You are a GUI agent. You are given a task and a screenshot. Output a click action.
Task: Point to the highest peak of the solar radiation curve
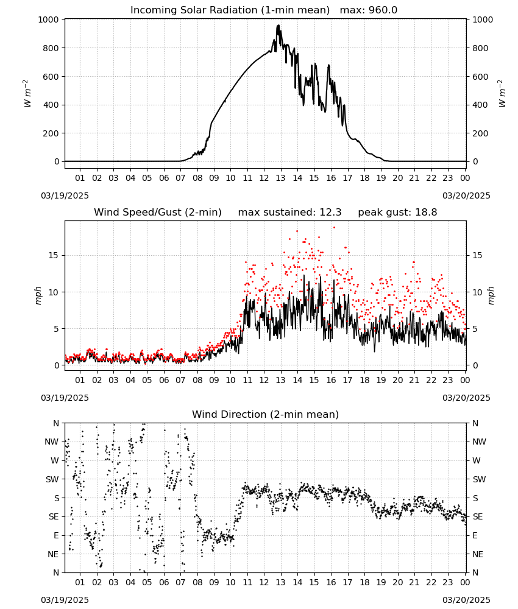(x=279, y=25)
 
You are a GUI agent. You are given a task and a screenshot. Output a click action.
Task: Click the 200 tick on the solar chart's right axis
(x=480, y=133)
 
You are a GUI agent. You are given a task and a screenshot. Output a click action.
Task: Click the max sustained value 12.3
(x=331, y=213)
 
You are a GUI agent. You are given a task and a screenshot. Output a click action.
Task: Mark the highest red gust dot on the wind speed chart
(x=334, y=227)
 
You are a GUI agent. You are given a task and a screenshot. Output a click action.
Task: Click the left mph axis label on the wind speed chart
(x=38, y=295)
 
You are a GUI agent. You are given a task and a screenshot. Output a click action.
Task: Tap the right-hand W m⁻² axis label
(x=502, y=94)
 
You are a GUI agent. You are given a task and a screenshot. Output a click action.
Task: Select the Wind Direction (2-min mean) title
(x=266, y=414)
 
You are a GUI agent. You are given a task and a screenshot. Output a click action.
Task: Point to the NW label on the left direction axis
(x=52, y=442)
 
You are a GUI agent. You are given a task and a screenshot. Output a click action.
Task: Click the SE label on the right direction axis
(x=478, y=516)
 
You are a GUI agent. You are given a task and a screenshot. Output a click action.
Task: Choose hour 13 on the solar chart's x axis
(x=280, y=178)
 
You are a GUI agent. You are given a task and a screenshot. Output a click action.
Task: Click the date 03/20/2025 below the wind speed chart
(x=466, y=398)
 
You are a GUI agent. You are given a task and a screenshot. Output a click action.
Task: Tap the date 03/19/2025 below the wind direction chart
(x=65, y=600)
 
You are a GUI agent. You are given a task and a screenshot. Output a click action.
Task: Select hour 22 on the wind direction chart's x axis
(x=431, y=582)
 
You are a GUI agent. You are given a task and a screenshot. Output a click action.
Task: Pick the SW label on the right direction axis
(x=479, y=479)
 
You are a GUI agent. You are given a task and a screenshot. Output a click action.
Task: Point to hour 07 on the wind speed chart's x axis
(x=180, y=380)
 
